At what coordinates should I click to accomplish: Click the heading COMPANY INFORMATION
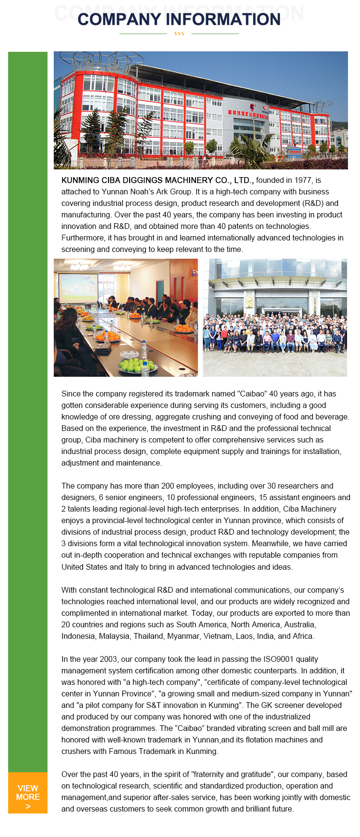point(179,19)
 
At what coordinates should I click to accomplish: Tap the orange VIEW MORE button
point(28,792)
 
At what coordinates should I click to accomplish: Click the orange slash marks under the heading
point(179,34)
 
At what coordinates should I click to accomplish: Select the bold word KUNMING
point(80,180)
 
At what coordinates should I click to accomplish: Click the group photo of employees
point(275,318)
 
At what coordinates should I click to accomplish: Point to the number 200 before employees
point(168,486)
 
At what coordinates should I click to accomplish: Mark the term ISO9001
point(278,659)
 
